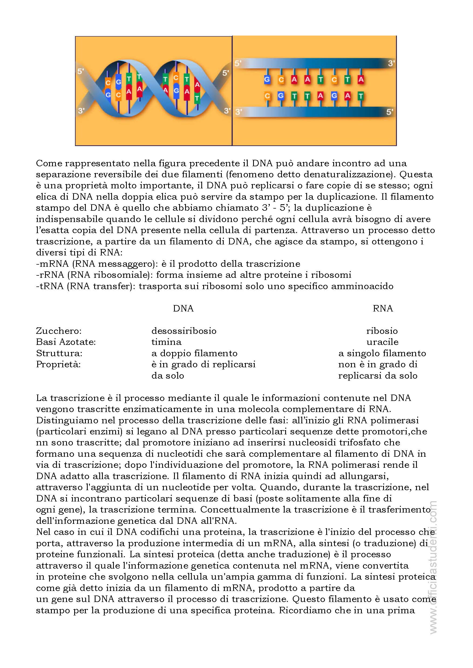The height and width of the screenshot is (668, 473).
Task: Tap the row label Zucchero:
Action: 59,331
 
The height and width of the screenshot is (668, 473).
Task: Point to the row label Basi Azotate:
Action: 66,342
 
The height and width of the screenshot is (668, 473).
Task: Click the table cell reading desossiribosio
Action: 184,331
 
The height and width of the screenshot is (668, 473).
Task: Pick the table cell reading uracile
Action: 382,342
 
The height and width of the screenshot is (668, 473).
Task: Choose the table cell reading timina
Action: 166,342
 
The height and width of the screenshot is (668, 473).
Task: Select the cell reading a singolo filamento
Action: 382,353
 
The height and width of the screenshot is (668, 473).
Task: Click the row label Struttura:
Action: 59,353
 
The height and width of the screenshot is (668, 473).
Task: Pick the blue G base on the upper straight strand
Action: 267,79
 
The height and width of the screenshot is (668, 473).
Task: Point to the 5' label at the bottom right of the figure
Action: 389,112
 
